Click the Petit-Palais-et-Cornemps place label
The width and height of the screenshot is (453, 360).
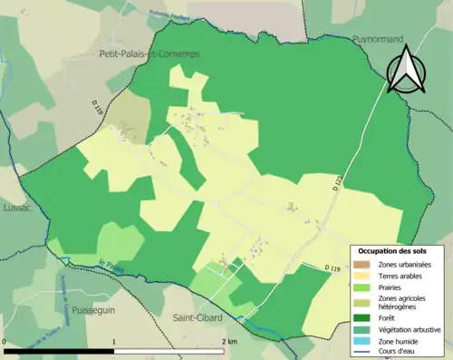tap(149, 54)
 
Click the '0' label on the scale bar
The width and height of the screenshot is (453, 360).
tap(5, 342)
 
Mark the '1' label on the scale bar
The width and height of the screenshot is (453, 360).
tap(114, 342)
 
